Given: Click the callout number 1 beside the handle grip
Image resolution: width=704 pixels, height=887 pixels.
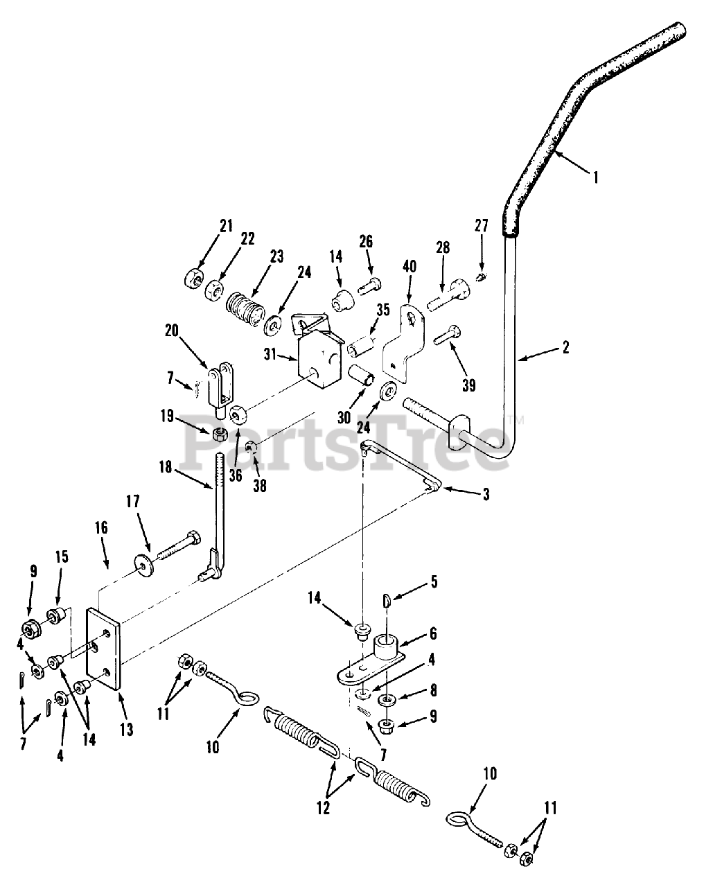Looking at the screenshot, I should tap(594, 177).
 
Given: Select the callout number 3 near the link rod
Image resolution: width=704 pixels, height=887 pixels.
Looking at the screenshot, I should tap(486, 495).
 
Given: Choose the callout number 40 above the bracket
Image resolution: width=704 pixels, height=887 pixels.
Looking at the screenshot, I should tap(410, 267).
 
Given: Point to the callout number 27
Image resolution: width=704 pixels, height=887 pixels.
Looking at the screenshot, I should tap(482, 225).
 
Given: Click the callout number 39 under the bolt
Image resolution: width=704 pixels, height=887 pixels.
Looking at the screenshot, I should tap(469, 385).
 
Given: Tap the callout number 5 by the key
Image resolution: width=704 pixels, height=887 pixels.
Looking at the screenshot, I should tap(434, 581).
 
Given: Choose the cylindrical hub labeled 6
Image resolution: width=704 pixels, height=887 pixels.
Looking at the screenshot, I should tap(388, 649).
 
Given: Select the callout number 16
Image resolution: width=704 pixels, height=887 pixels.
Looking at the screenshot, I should tap(101, 528).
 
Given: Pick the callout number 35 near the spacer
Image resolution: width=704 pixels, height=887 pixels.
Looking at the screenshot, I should tap(384, 310).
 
